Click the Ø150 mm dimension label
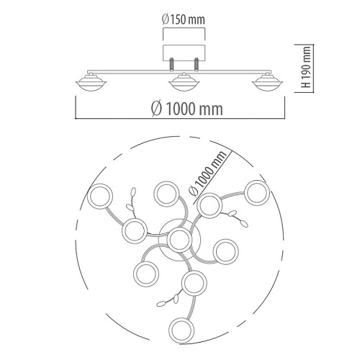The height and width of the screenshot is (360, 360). [x=184, y=19]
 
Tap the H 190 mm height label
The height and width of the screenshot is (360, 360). [x=306, y=67]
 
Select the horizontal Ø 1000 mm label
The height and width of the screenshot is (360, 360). [x=187, y=109]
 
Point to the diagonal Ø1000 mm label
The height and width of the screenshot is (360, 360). [x=207, y=173]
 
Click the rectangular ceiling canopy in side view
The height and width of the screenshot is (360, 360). [x=184, y=53]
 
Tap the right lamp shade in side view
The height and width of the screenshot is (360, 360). [x=268, y=82]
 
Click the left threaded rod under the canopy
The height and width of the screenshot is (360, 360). [x=172, y=64]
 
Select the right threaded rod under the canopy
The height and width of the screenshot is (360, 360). [x=197, y=64]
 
